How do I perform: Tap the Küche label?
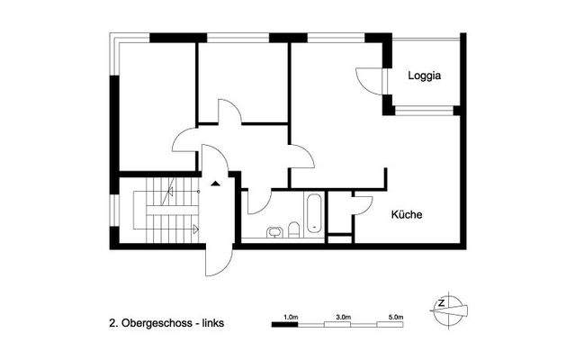click(x=407, y=215)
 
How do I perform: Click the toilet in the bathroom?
click(x=293, y=229)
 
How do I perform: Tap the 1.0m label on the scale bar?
click(x=290, y=317)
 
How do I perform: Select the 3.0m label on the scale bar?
click(x=343, y=317)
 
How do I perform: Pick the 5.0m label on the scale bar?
click(x=396, y=317)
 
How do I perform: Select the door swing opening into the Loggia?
click(x=369, y=81)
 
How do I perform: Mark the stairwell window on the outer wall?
click(x=112, y=211)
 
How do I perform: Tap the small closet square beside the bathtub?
click(x=338, y=239)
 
